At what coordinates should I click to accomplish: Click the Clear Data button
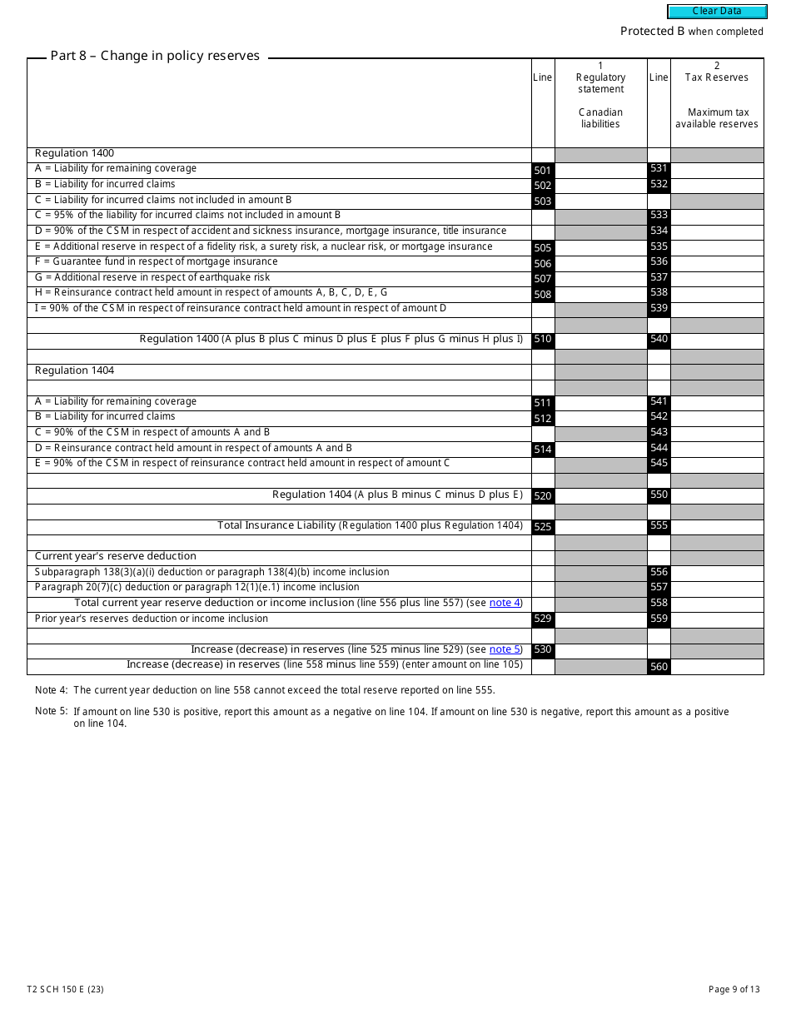point(716,12)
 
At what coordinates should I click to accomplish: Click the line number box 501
point(543,171)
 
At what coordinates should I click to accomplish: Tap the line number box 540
point(659,340)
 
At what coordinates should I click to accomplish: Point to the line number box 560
point(659,667)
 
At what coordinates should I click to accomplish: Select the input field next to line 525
point(600,526)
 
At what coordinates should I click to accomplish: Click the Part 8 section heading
point(155,56)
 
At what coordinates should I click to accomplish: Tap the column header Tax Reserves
point(716,77)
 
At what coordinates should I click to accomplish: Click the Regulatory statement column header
point(600,83)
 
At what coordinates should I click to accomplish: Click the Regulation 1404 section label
point(75,370)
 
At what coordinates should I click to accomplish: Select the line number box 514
point(543,450)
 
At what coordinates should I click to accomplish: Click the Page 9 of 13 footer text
point(734,989)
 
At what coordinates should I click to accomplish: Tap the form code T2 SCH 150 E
point(65,989)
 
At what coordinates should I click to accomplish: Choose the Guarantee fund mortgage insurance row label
point(157,261)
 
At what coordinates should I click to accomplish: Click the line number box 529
point(543,620)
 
